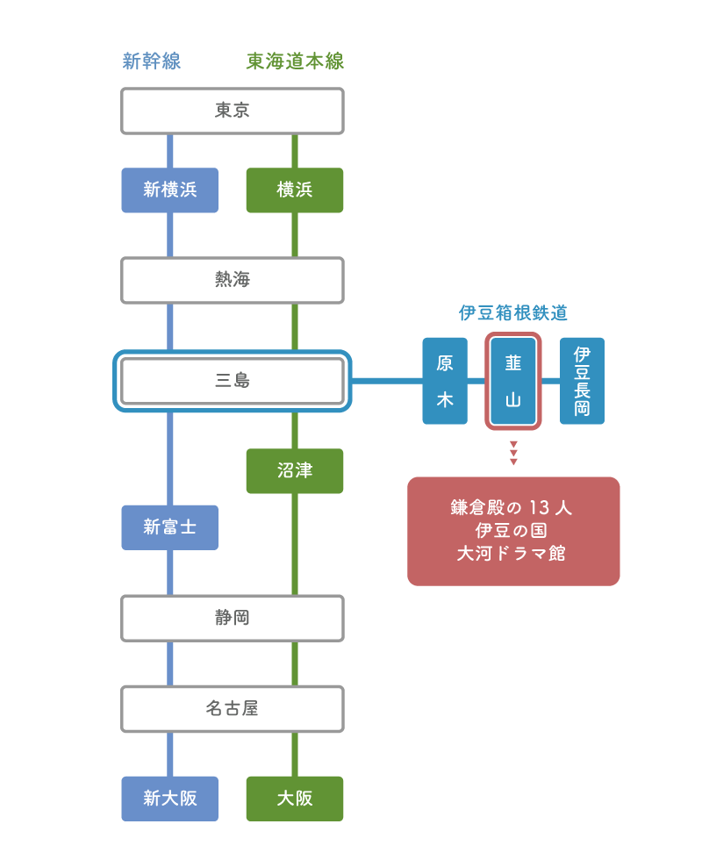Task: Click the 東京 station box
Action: pos(233,111)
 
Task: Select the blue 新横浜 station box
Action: pos(169,190)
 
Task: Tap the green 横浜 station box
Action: pos(295,190)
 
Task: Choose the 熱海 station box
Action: pos(233,280)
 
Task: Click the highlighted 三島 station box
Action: pos(233,381)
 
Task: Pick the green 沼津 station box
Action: pos(295,470)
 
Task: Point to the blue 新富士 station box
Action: pos(169,527)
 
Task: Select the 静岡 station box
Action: pos(233,618)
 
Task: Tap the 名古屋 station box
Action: pos(233,709)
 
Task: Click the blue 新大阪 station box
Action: pos(169,799)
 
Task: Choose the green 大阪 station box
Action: pos(295,799)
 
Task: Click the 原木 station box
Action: pos(445,381)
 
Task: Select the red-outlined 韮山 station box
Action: pos(513,381)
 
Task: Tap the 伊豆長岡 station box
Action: pos(582,381)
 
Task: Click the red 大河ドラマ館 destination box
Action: pos(513,531)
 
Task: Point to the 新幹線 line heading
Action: pos(152,61)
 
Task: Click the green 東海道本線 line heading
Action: pos(295,61)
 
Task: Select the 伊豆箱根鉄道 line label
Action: pos(513,313)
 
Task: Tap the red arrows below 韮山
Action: pos(513,453)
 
